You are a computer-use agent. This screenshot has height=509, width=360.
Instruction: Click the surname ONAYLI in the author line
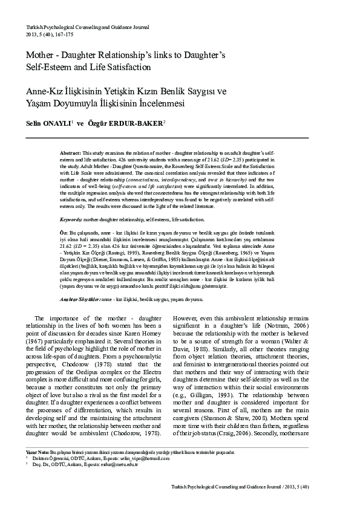tap(56, 123)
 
